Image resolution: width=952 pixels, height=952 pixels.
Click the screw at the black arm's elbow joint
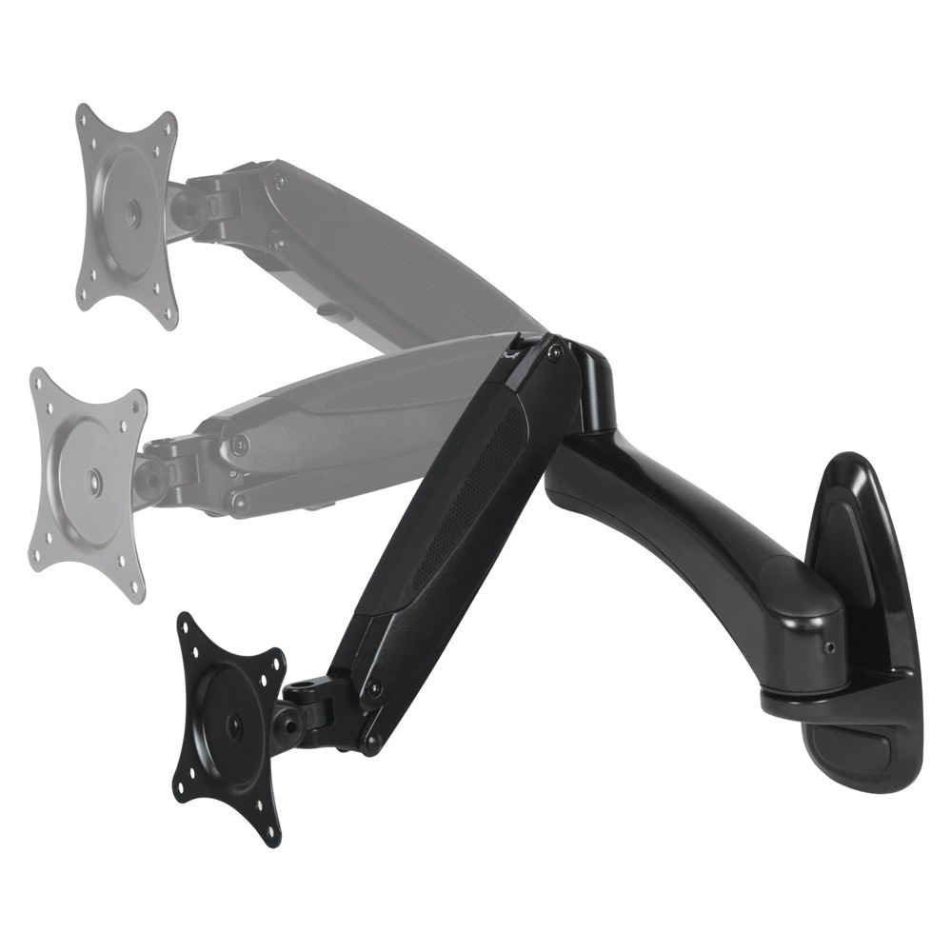(x=554, y=352)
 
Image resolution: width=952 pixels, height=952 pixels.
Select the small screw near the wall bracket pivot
(x=827, y=646)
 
